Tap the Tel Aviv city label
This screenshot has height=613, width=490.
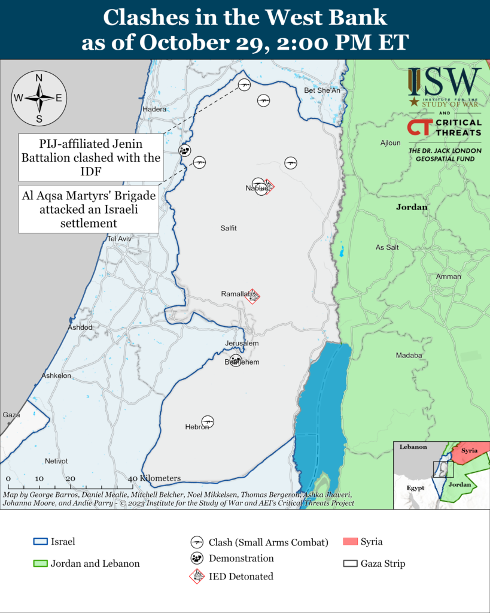[x=119, y=239]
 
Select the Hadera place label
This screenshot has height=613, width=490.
[x=154, y=110]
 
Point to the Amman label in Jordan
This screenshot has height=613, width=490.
[x=448, y=277]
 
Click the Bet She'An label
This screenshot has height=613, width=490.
[x=322, y=91]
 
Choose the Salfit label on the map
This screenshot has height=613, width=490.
[x=229, y=228]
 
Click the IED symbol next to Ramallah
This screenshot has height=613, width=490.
[x=255, y=296]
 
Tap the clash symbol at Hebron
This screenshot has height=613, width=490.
[x=208, y=421]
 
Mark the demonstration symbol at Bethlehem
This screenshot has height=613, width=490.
[x=236, y=360]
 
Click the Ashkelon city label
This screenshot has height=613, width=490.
[x=56, y=375]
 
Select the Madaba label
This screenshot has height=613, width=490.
[x=409, y=356]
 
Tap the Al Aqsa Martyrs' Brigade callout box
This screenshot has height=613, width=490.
[x=89, y=210]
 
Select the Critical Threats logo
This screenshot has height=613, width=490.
[x=444, y=127]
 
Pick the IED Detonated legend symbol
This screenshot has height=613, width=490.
[x=196, y=576]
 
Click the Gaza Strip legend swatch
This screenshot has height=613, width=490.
[x=350, y=563]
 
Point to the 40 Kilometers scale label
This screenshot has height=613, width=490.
[x=154, y=478]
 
